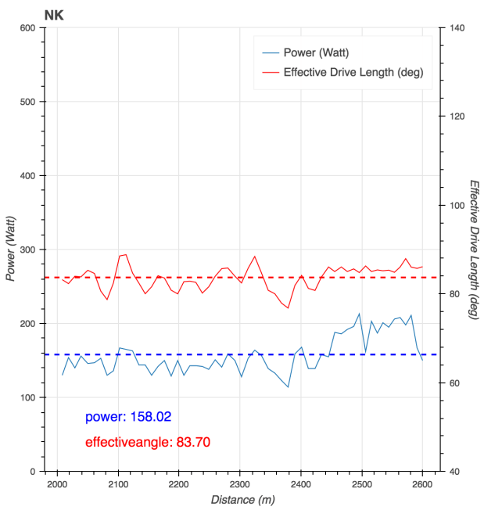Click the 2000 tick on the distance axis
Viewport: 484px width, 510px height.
[56, 485]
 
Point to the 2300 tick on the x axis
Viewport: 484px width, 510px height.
[239, 485]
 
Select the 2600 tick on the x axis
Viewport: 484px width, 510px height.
[422, 485]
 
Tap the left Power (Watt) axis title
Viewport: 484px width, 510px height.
[10, 250]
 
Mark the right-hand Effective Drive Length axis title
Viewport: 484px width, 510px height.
[474, 250]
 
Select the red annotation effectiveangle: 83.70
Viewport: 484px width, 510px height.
[147, 443]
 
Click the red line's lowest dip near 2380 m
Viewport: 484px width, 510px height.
[288, 307]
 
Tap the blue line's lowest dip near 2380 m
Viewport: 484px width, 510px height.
[288, 387]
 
